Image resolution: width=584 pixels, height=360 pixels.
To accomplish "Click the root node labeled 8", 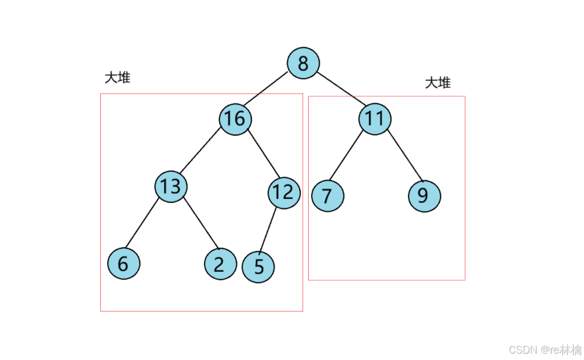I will click(303, 63).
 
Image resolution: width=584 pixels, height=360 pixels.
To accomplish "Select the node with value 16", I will click(235, 118).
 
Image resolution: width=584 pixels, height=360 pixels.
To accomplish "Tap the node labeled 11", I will click(375, 118).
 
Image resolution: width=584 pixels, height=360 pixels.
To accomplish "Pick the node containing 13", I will click(171, 186).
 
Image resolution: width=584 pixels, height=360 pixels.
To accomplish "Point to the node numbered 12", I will click(283, 193).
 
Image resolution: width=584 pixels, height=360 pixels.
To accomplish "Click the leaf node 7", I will click(327, 196).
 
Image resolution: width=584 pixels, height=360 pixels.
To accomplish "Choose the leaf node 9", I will click(424, 196).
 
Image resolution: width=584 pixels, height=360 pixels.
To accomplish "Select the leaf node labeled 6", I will click(124, 264).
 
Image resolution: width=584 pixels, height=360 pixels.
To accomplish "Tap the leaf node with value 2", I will click(220, 264).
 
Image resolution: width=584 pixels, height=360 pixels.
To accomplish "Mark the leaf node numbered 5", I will click(258, 267).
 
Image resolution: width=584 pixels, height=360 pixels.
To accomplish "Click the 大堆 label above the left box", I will click(117, 77).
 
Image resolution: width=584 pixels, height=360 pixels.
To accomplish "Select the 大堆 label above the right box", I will click(438, 83).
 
